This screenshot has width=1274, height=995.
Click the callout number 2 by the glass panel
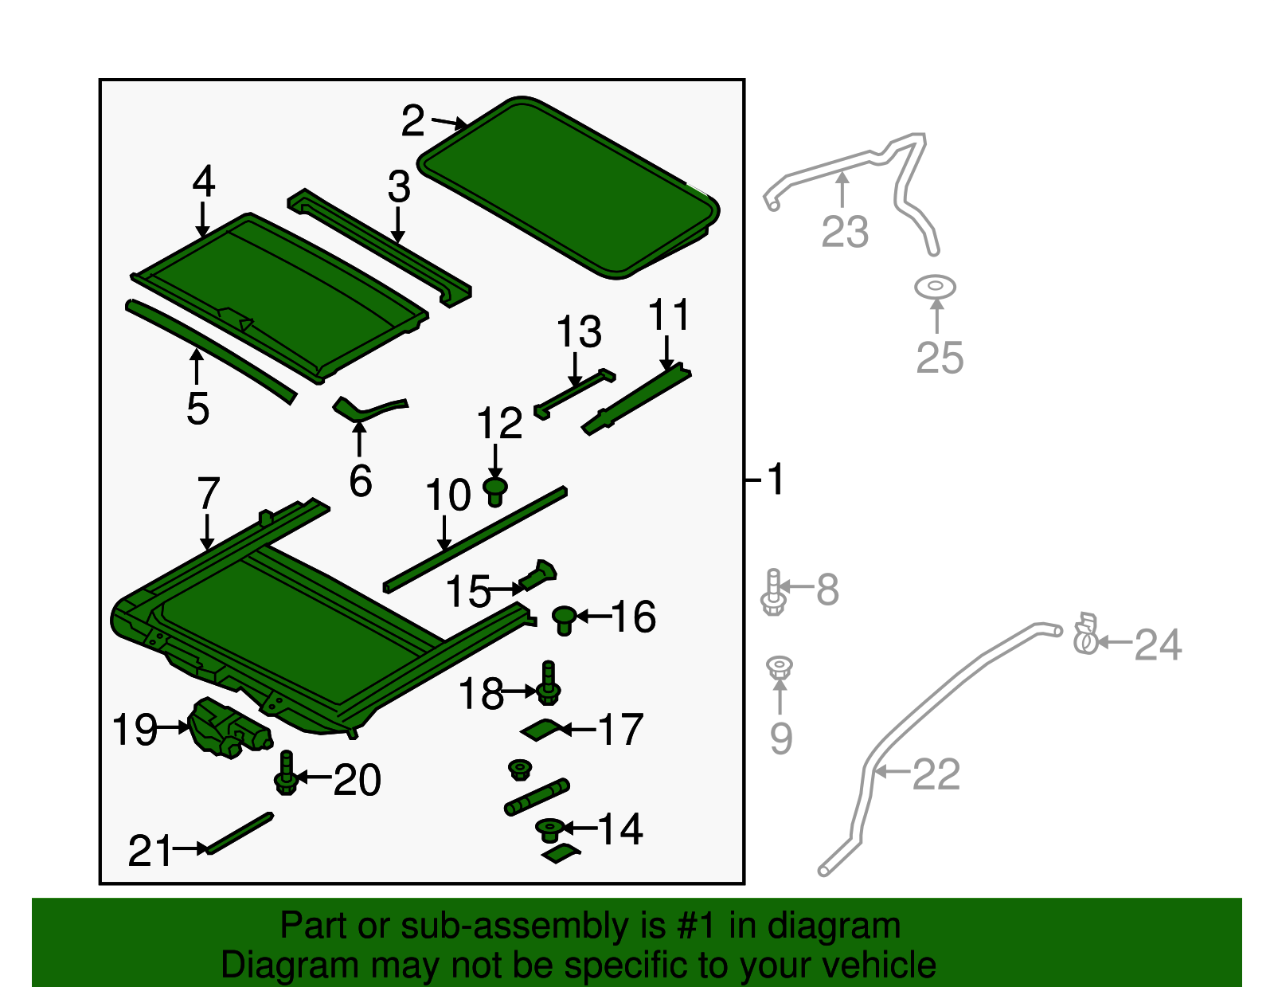click(412, 121)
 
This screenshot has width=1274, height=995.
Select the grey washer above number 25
click(935, 287)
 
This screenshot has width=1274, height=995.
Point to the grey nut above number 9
click(780, 668)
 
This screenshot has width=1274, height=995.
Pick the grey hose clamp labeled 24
click(1085, 634)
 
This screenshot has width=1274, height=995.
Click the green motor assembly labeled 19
click(229, 727)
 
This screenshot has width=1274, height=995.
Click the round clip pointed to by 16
click(564, 620)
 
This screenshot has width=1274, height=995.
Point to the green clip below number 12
click(494, 492)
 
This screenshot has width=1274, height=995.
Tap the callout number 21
click(150, 851)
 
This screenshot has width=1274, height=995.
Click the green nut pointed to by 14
click(550, 830)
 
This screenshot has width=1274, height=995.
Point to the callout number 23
click(844, 231)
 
